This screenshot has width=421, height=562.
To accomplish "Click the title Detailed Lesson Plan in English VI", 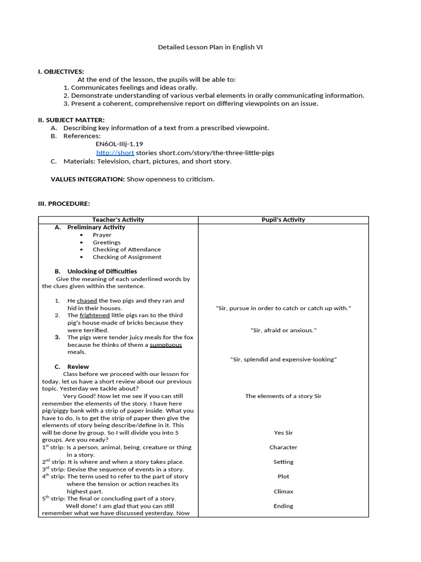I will (210, 47).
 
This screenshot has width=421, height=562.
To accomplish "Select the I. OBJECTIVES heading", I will (61, 72).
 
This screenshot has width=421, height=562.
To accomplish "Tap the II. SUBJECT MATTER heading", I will (71, 120).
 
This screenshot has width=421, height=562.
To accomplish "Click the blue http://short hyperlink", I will (115, 153).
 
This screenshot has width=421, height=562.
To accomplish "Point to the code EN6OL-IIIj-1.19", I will (119, 144).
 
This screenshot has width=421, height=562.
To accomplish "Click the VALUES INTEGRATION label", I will (88, 179).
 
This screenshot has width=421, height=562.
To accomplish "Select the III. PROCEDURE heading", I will (64, 204).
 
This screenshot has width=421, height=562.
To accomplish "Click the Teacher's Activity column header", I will (118, 220).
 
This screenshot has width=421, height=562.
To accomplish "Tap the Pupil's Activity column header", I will (283, 220).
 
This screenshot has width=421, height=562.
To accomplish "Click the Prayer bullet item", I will (102, 235).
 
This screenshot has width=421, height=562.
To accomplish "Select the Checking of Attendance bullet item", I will (127, 249).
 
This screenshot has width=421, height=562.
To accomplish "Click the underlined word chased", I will (87, 301).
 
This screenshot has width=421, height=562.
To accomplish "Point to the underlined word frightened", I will (94, 316).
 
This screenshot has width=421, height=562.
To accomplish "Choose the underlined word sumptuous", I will (166, 345).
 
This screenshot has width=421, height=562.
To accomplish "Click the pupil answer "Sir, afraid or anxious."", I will (283, 330).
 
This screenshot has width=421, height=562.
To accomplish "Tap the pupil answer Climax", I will (283, 492).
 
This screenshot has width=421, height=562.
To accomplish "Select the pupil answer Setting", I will (283, 462).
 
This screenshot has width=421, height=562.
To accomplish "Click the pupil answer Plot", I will (283, 477).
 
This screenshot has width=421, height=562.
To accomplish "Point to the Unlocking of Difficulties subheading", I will (102, 271).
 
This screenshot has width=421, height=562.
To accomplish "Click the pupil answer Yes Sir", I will (283, 433).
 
